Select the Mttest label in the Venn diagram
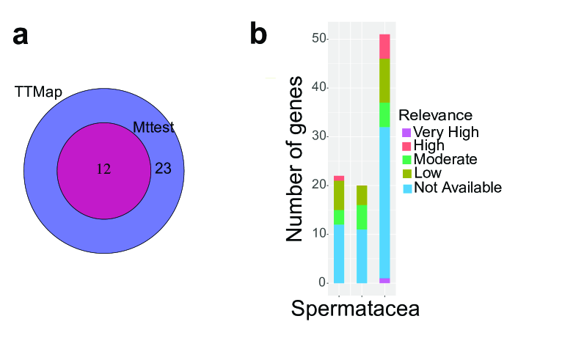coord(153,128)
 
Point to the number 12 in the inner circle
coord(103,169)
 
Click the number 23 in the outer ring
coord(163,169)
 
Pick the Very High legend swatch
coord(406,133)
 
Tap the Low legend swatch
coord(406,174)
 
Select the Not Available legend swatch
coord(406,188)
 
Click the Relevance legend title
coord(436,115)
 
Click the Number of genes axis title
coord(294,160)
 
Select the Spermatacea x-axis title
coord(355,309)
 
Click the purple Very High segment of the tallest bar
coord(385,280)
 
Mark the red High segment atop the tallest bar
coord(385,46)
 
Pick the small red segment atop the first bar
coord(339,178)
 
